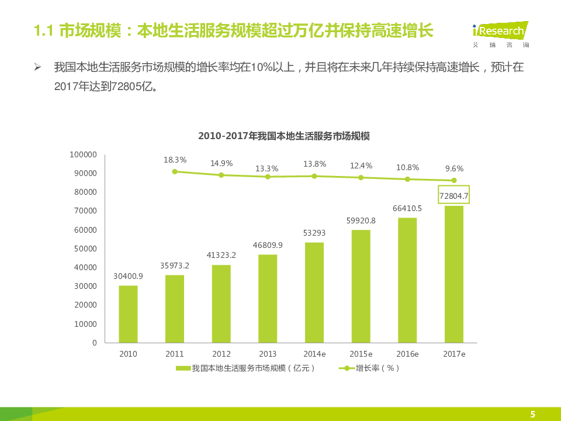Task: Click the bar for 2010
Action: point(128,314)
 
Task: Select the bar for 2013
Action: point(268,299)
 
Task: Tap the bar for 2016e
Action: point(407,280)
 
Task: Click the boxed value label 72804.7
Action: point(454,196)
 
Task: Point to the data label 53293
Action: point(314,233)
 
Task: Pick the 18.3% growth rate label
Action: point(175,160)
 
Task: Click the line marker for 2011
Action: point(175,171)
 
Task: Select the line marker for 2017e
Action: point(454,181)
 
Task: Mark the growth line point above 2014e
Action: point(314,176)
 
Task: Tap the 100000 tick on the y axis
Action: point(83,154)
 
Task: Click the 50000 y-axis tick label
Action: point(85,249)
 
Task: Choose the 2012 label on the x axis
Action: point(221,354)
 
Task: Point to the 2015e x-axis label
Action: point(361,354)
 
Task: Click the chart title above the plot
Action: point(284,136)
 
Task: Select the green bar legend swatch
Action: point(183,368)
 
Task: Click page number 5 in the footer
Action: point(532,415)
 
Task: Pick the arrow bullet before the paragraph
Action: point(37,67)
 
